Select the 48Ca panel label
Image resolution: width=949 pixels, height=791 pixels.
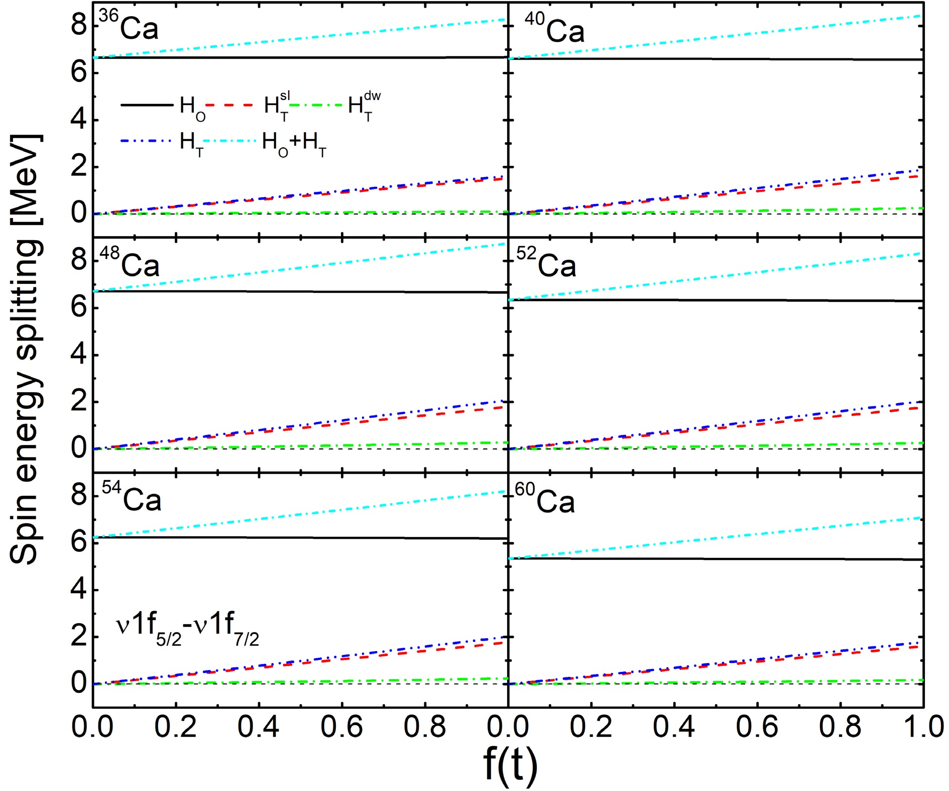coord(130,262)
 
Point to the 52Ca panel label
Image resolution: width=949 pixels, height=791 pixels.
coord(546,262)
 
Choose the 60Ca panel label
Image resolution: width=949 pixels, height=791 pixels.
coord(545,498)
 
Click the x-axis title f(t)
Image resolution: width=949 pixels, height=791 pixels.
coord(510,764)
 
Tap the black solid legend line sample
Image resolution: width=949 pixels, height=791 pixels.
coord(147,105)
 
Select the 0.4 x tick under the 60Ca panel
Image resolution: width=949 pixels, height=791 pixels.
coord(674,726)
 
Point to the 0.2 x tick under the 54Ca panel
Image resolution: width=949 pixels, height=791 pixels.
coord(175,726)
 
